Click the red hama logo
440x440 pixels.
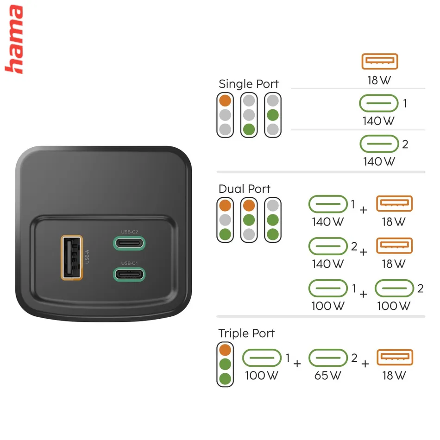point(14,39)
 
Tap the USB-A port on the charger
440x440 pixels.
point(72,258)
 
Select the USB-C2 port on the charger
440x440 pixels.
point(129,243)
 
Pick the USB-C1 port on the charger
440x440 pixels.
point(129,275)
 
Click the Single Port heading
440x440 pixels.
point(249,84)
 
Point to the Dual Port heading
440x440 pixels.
point(245,189)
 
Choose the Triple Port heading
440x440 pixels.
point(246,333)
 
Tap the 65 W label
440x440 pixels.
point(328,376)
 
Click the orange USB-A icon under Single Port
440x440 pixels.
point(380,61)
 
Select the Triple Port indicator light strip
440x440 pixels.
point(225,364)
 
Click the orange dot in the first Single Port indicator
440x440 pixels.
point(225,101)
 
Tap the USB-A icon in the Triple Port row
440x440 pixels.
point(395,357)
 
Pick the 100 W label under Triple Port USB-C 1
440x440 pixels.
point(262,376)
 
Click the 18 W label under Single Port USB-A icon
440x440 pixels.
point(379,81)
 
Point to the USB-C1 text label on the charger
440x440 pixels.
point(129,263)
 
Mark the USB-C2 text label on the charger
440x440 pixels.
point(129,232)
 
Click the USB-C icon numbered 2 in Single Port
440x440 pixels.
point(379,144)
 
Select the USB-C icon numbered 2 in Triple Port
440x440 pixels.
point(328,358)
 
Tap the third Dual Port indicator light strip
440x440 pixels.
point(273,220)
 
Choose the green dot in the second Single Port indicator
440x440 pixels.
point(249,129)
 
